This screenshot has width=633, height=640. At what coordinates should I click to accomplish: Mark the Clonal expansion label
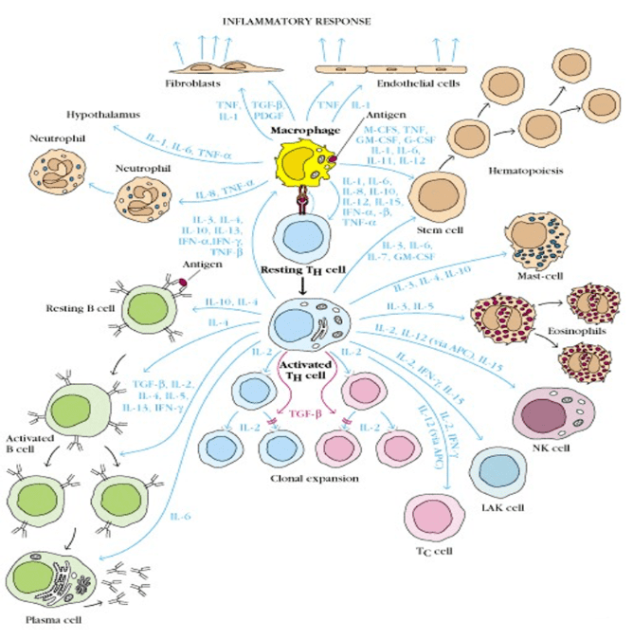point(313,480)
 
